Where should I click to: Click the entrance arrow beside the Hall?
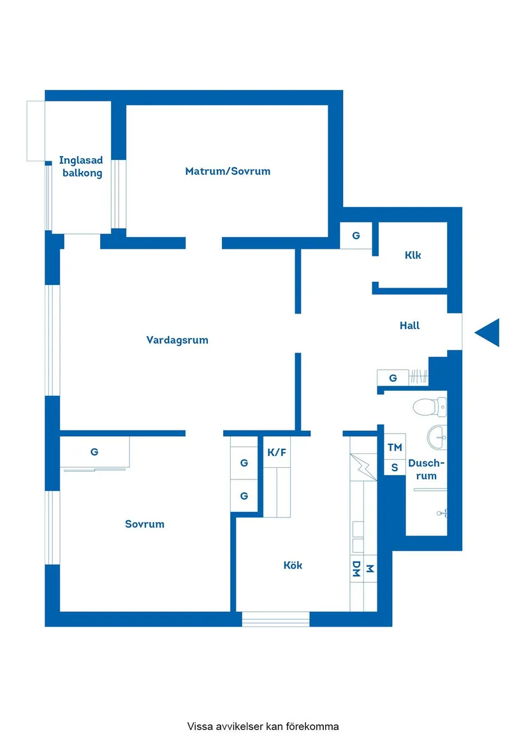pos(488,333)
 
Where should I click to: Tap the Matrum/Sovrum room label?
pos(228,171)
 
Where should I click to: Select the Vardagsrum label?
pos(177,340)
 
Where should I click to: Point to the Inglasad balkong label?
pos(82,166)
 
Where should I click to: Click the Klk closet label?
pos(413,256)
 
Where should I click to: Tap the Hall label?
pos(409,325)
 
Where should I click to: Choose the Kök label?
pos(293,565)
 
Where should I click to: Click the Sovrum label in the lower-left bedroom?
pos(145,524)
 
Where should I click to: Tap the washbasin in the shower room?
pos(437,436)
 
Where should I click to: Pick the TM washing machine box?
pos(395,448)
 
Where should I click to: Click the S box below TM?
pos(395,467)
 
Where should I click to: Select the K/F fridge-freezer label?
pos(277,453)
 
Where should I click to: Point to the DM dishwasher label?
pos(356,569)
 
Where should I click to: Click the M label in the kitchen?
pos(369,569)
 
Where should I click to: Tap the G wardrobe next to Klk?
pos(356,236)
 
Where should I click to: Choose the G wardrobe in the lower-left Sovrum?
pos(94,452)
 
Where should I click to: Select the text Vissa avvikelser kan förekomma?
pos(263,726)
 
